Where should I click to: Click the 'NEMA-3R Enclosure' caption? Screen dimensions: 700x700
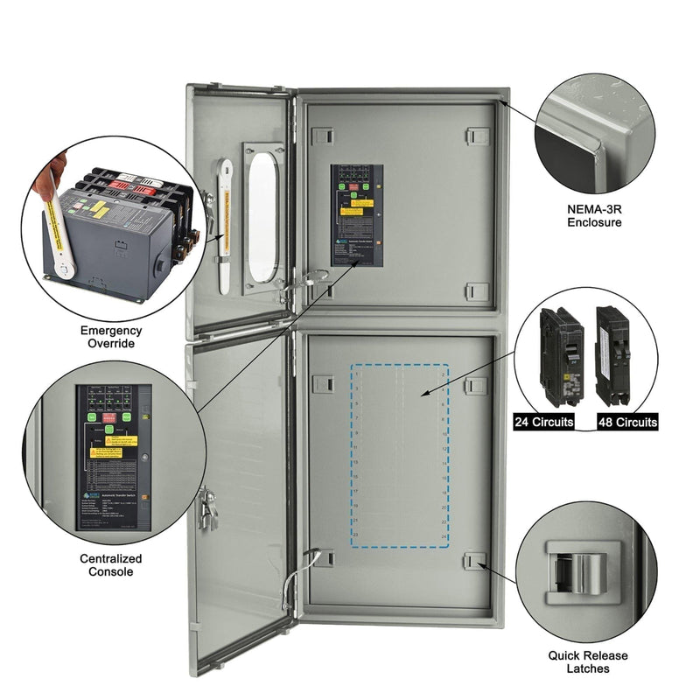[x=598, y=215]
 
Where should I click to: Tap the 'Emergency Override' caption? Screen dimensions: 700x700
[x=111, y=337]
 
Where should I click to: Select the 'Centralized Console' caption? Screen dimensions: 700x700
[x=111, y=564]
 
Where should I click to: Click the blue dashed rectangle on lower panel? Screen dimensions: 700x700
[x=400, y=456]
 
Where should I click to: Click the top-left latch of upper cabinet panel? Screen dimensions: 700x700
[x=322, y=136]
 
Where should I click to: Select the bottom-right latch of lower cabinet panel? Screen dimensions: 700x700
[x=476, y=562]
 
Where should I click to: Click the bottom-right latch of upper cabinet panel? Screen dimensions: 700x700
[x=476, y=290]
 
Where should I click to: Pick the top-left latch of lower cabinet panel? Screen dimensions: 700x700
[x=322, y=383]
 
